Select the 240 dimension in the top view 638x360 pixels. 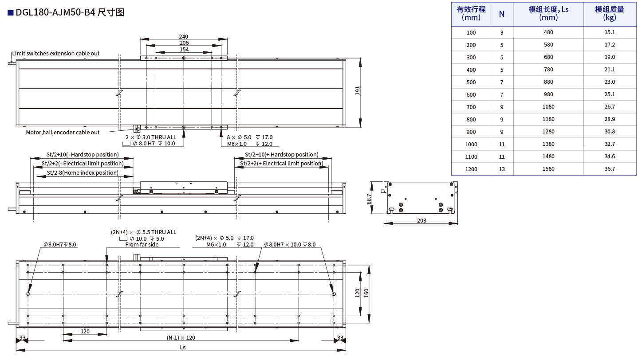pyautogui.click(x=183, y=36)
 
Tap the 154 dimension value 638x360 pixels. pyautogui.click(x=184, y=49)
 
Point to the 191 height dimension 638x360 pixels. pyautogui.click(x=357, y=90)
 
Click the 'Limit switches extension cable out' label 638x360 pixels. pyautogui.click(x=56, y=53)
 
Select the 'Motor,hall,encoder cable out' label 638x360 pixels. pyautogui.click(x=63, y=132)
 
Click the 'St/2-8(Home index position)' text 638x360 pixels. pyautogui.click(x=83, y=172)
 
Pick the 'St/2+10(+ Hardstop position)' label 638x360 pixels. pyautogui.click(x=281, y=154)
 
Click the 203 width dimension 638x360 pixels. pyautogui.click(x=421, y=220)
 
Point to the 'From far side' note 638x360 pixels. pyautogui.click(x=142, y=244)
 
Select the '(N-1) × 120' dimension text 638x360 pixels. pyautogui.click(x=181, y=337)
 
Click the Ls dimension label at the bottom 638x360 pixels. pyautogui.click(x=183, y=347)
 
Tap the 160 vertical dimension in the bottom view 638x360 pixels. pyautogui.click(x=366, y=293)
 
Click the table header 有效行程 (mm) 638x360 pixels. pyautogui.click(x=471, y=13)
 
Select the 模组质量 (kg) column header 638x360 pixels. pyautogui.click(x=610, y=13)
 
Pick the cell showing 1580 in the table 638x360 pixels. pyautogui.click(x=548, y=168)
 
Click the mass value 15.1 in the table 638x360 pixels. pyautogui.click(x=610, y=32)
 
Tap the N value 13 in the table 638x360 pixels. pyautogui.click(x=502, y=168)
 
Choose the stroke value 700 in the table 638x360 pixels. pyautogui.click(x=471, y=106)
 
